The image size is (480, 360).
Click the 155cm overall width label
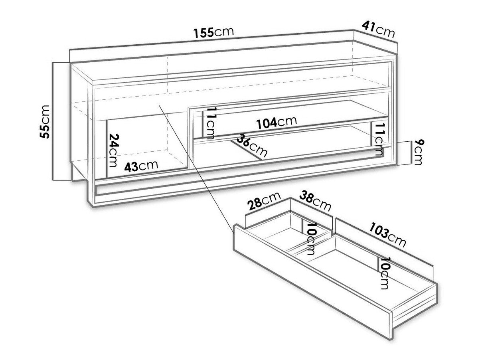(213, 32)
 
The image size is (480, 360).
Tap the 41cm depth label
(378, 30)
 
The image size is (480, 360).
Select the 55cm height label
(45, 121)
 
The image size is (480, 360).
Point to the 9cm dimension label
(418, 152)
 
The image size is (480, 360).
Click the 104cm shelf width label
(277, 122)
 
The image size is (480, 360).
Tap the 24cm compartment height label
(114, 150)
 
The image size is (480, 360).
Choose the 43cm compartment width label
(141, 166)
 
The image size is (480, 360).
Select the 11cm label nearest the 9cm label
(380, 139)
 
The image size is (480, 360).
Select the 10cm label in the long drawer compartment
(385, 273)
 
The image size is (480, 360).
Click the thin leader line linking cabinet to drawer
(196, 169)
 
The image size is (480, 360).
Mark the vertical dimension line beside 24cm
(107, 148)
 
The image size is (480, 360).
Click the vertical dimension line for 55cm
(53, 121)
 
